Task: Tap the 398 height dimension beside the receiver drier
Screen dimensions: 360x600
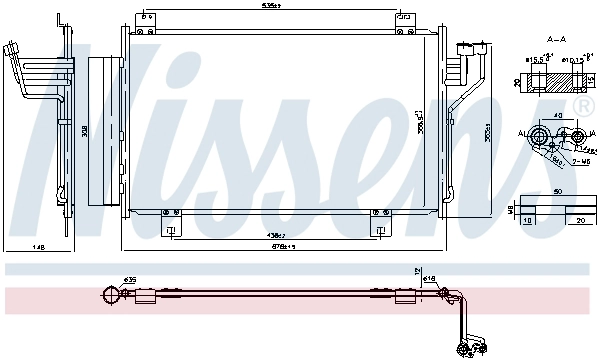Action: (x=85, y=130)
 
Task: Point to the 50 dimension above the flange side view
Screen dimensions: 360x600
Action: (x=558, y=191)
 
